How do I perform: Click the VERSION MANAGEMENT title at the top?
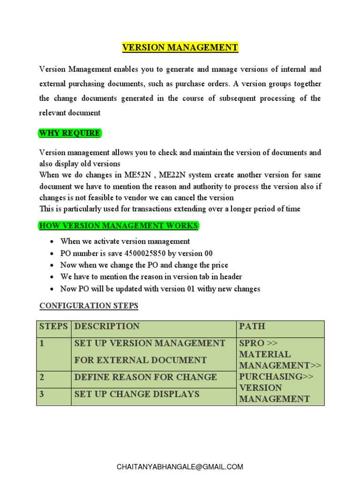tap(180, 47)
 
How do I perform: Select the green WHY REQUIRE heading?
tap(69, 133)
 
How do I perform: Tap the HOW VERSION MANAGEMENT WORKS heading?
tap(119, 225)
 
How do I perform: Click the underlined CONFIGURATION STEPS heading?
tap(89, 306)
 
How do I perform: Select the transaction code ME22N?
tap(175, 175)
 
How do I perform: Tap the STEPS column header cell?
tap(54, 326)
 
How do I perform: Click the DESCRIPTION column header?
tap(107, 326)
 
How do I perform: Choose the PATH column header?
tap(252, 326)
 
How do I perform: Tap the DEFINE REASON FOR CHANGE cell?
tap(145, 377)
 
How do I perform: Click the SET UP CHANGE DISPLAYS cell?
tap(137, 394)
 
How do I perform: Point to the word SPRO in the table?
tap(252, 343)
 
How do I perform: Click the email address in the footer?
tap(180, 466)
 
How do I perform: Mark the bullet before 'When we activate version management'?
tap(51, 241)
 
